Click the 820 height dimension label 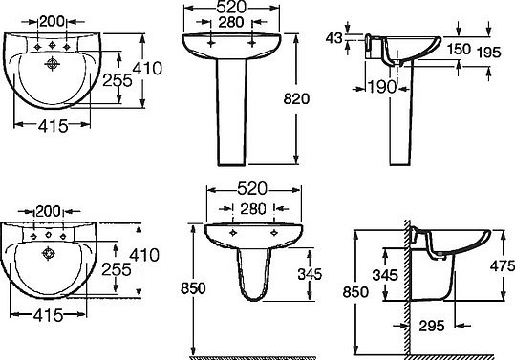point(296,98)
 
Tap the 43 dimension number point(334,38)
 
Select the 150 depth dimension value point(460,49)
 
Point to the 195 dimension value point(489,53)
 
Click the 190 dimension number point(382,87)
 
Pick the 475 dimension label point(503,265)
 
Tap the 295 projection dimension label point(432,326)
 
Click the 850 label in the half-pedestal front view point(193,288)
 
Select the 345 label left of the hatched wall point(385,275)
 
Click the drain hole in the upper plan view point(52,64)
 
